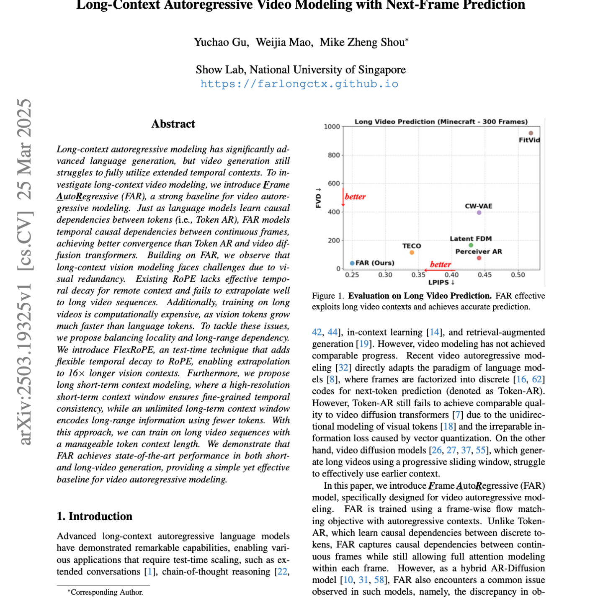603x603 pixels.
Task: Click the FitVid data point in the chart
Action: pyautogui.click(x=531, y=133)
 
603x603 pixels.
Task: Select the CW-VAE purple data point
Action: pyautogui.click(x=479, y=213)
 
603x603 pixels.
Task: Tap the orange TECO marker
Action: pyautogui.click(x=412, y=253)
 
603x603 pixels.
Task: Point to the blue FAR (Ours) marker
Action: pyautogui.click(x=352, y=263)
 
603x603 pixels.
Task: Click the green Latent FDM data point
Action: pyautogui.click(x=471, y=245)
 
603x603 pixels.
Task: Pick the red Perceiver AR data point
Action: pyautogui.click(x=479, y=258)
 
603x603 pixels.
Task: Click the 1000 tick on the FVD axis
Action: pyautogui.click(x=332, y=127)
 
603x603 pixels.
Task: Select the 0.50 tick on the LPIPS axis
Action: pyautogui.click(x=518, y=275)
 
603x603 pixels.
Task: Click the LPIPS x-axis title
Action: pyautogui.click(x=441, y=283)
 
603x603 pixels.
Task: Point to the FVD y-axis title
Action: pyautogui.click(x=319, y=198)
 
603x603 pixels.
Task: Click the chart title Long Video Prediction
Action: pyautogui.click(x=441, y=122)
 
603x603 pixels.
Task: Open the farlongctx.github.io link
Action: pyautogui.click(x=299, y=84)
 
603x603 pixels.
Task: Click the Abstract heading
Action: pyautogui.click(x=173, y=124)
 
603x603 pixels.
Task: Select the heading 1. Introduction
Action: pyautogui.click(x=95, y=516)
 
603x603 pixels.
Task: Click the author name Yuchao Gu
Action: pyautogui.click(x=221, y=42)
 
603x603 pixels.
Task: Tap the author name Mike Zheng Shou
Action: pyautogui.click(x=363, y=42)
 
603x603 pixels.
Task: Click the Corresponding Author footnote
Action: pyautogui.click(x=107, y=592)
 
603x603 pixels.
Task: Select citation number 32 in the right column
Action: pyautogui.click(x=343, y=368)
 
